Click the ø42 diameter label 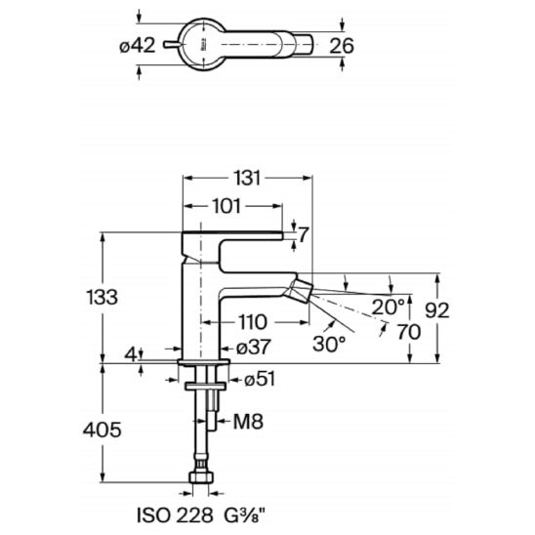tap(137, 45)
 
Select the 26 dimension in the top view tap(342, 46)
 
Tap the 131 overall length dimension tap(247, 178)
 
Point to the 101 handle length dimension tap(226, 206)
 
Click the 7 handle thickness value tap(304, 234)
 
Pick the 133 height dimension tap(102, 297)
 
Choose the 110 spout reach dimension tap(253, 322)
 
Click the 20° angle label tap(388, 307)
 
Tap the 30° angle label tap(329, 344)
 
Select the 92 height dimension tap(437, 310)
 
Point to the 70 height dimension tap(409, 332)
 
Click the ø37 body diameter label tap(254, 347)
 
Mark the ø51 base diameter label tap(260, 379)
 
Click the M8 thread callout tap(248, 422)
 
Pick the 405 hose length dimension tap(102, 430)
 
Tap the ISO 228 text tap(175, 514)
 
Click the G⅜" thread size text tap(244, 514)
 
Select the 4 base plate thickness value tap(131, 354)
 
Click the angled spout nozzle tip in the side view tap(302, 290)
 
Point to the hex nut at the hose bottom tap(201, 477)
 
